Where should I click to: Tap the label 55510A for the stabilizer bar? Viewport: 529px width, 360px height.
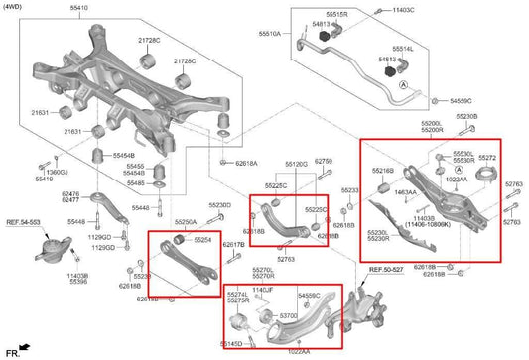point(269,33)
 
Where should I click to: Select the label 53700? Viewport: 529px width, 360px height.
point(288,314)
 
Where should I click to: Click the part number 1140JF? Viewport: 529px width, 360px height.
point(262,290)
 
